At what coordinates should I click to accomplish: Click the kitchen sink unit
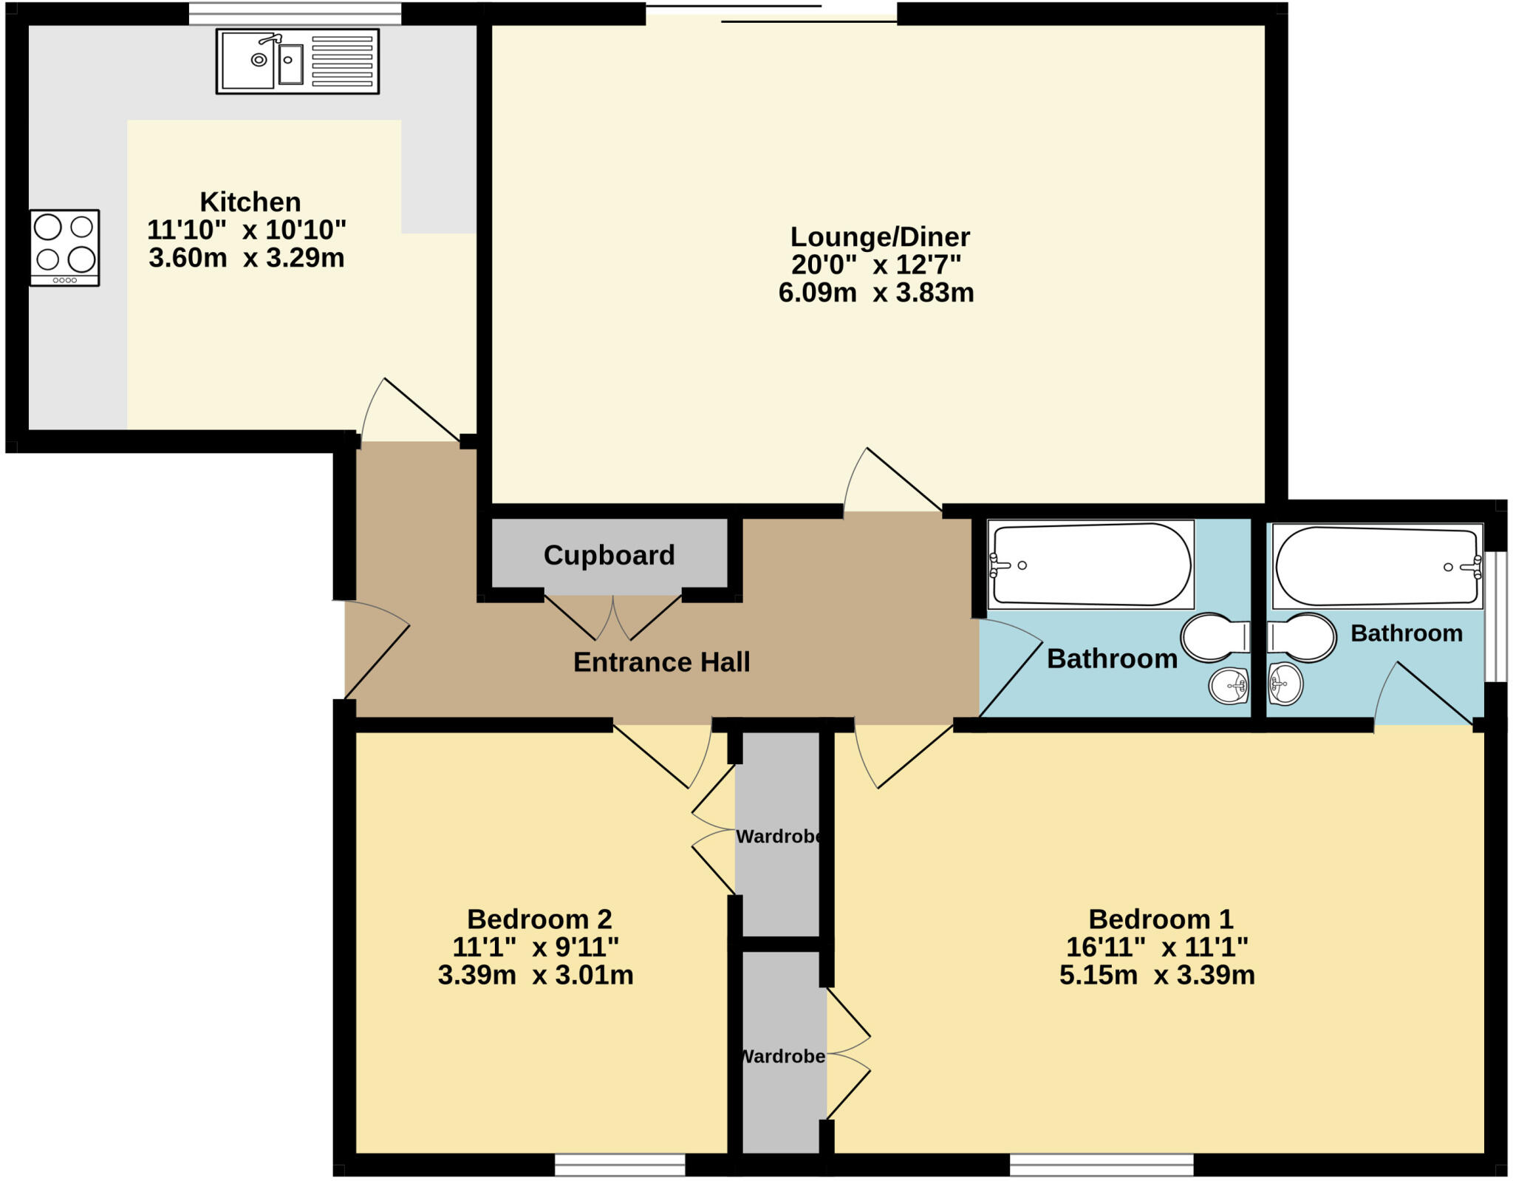pyautogui.click(x=297, y=61)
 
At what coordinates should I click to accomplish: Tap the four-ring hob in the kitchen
pyautogui.click(x=64, y=248)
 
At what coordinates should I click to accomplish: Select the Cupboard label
pyautogui.click(x=609, y=555)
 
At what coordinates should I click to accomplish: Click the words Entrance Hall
pyautogui.click(x=661, y=662)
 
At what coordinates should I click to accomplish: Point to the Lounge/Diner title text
pyautogui.click(x=879, y=237)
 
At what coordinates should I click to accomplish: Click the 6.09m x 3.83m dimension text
pyautogui.click(x=875, y=293)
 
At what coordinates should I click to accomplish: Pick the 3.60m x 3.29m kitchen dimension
pyautogui.click(x=246, y=258)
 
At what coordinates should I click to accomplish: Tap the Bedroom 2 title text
pyautogui.click(x=539, y=919)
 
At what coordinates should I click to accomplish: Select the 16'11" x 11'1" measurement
pyautogui.click(x=1156, y=947)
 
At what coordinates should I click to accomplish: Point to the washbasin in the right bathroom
pyautogui.click(x=1285, y=684)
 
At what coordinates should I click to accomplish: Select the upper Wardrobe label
pyautogui.click(x=779, y=837)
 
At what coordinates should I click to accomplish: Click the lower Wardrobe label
pyautogui.click(x=783, y=1056)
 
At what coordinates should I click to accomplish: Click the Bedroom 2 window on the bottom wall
pyautogui.click(x=620, y=1165)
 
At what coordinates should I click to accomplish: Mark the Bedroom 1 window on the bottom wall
pyautogui.click(x=1101, y=1165)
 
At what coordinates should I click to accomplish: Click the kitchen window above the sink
pyautogui.click(x=295, y=13)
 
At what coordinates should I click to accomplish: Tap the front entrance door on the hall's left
pyautogui.click(x=377, y=650)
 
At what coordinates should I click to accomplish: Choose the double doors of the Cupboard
pyautogui.click(x=612, y=619)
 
